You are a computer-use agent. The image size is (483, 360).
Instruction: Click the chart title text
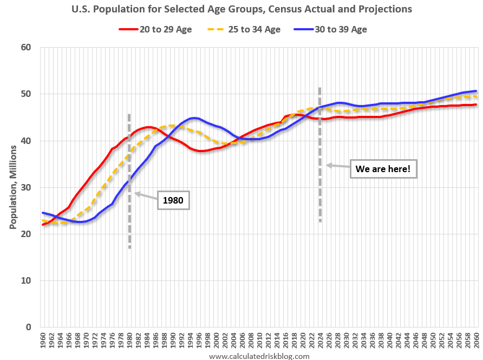241,9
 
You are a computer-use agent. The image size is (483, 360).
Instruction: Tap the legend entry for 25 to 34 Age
245,29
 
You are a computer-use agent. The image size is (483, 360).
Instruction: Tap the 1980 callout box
173,201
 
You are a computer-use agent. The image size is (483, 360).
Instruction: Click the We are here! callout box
383,169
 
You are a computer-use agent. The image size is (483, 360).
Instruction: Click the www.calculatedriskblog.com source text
259,356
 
